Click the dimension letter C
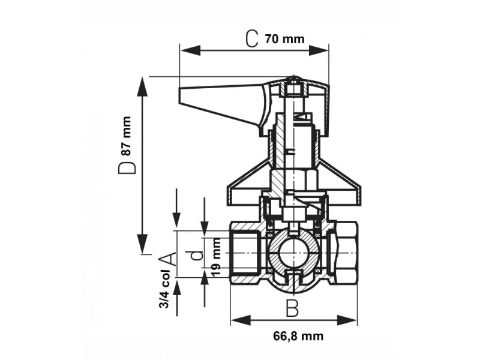[252, 40]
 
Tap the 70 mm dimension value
[284, 40]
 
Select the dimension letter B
[292, 308]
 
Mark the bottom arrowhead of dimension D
[143, 249]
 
